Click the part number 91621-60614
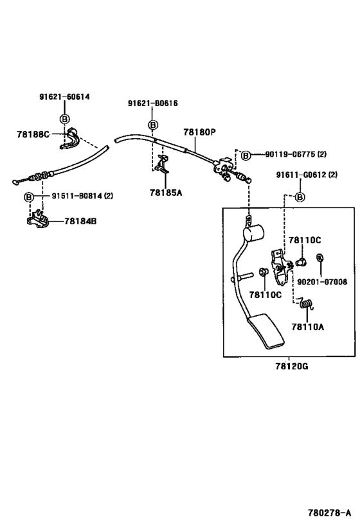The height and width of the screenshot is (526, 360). [x=64, y=97]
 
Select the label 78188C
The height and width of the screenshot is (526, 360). [x=33, y=134]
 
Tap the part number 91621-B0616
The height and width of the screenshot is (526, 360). [x=152, y=103]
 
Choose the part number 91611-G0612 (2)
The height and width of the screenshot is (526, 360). [x=307, y=175]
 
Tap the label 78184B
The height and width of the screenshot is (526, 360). [x=80, y=222]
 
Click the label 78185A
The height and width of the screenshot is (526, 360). [x=166, y=191]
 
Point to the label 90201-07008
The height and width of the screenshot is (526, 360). [x=321, y=281]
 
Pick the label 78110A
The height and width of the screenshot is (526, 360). [x=307, y=326]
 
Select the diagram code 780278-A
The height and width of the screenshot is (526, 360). [x=328, y=513]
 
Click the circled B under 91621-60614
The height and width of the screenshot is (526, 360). [x=64, y=119]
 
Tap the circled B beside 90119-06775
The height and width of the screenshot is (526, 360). [x=245, y=154]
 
